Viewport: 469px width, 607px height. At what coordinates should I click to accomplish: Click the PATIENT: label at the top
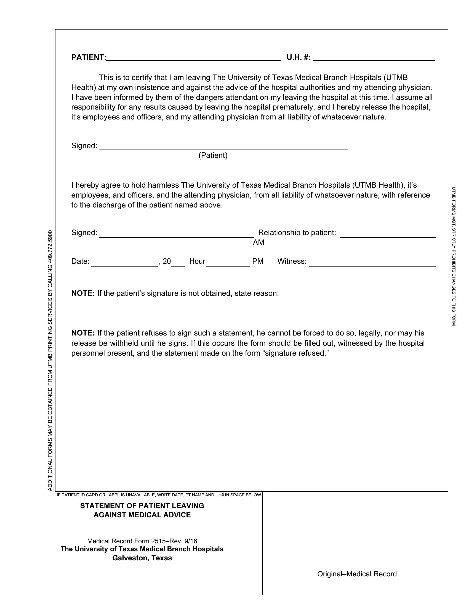[x=89, y=57]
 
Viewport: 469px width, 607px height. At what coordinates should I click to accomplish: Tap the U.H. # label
[x=299, y=57]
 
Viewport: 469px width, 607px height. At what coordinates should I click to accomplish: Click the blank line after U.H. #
[x=374, y=58]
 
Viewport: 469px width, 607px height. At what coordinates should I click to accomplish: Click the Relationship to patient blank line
[x=388, y=235]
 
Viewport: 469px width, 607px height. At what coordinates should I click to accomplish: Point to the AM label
[x=259, y=243]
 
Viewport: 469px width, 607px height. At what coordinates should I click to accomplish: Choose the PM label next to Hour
[x=258, y=261]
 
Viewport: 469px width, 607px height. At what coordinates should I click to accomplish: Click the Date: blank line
[x=124, y=264]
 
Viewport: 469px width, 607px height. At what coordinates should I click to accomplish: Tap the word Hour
[x=197, y=261]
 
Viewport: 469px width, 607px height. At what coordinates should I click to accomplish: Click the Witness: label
[x=292, y=261]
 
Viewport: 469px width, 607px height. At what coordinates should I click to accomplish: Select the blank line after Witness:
[x=372, y=264]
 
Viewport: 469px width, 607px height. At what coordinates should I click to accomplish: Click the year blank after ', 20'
[x=178, y=264]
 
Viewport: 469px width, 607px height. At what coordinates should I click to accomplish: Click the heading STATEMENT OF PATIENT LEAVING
[x=142, y=505]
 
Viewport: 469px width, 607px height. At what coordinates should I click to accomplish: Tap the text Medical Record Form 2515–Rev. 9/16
[x=142, y=541]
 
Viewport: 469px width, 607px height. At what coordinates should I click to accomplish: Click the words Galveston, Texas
[x=142, y=558]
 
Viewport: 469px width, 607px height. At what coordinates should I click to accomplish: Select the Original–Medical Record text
[x=357, y=574]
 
